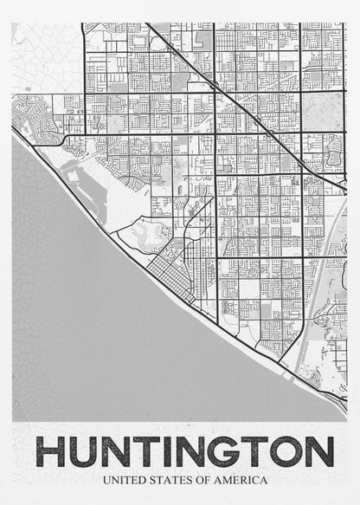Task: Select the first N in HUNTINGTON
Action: (120, 452)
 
